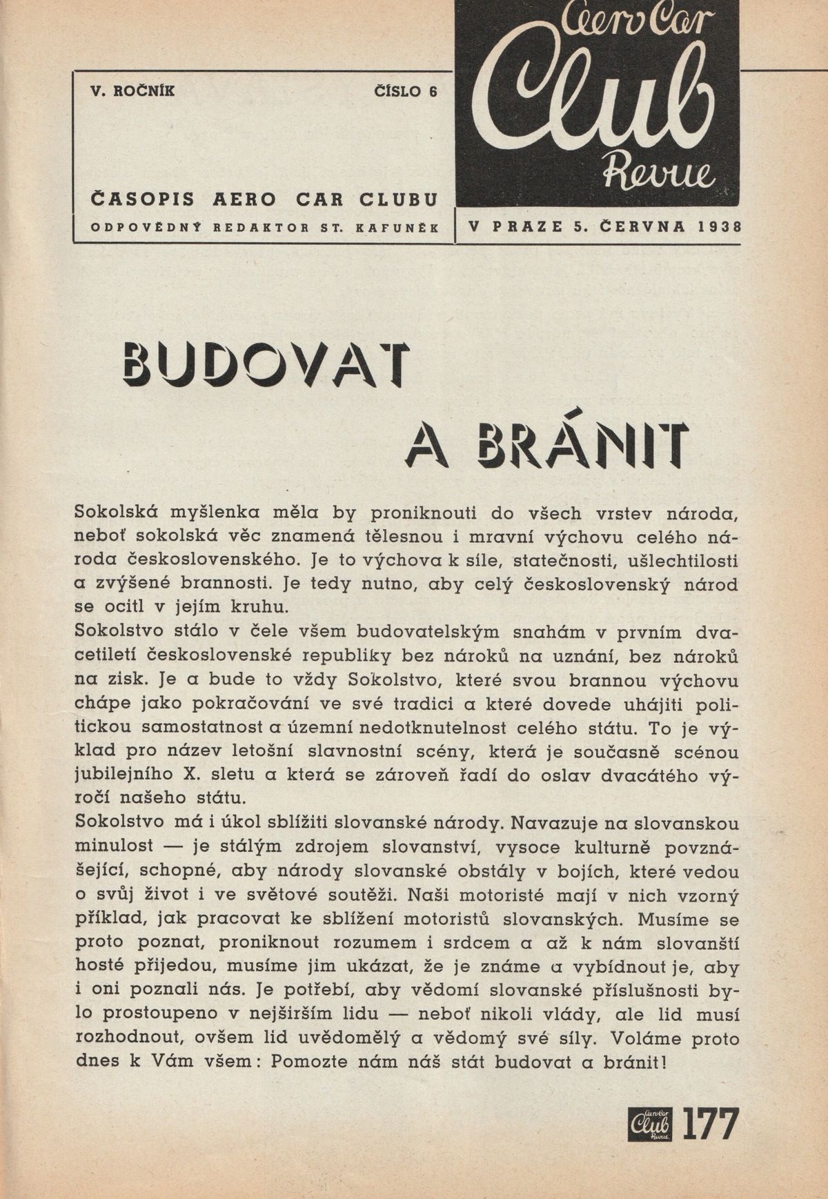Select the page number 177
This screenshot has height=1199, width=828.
click(x=711, y=1125)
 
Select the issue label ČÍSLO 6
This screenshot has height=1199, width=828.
click(x=405, y=90)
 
